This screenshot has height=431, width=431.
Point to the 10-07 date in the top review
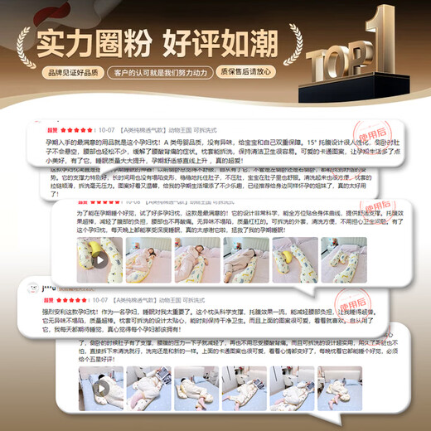click(106, 130)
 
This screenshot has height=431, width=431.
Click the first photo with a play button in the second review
click(99, 260)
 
